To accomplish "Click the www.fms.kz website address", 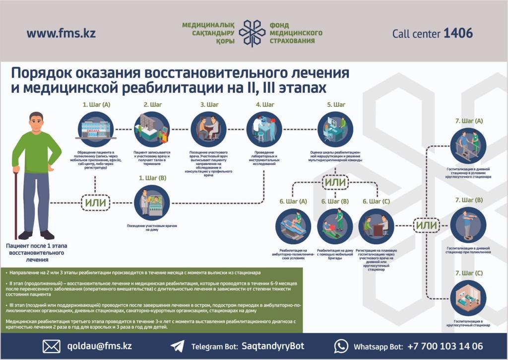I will (61, 34).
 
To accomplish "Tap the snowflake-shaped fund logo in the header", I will (252, 33).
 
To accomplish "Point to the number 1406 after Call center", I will (458, 33).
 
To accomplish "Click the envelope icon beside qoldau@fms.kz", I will (51, 346).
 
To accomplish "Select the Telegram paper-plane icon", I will (177, 346).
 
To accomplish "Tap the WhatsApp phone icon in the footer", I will (341, 346).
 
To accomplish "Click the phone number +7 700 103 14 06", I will (445, 346).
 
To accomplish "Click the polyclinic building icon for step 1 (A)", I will (96, 129).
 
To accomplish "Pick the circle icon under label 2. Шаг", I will (152, 129).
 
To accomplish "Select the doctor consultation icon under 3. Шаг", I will (208, 129).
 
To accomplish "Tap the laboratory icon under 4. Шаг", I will (264, 129).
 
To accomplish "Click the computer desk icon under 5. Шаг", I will (335, 129).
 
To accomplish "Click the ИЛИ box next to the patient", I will (96, 203).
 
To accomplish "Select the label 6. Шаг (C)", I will (376, 201).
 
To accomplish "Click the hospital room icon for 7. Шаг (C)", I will (468, 298).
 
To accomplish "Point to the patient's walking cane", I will (16, 204).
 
